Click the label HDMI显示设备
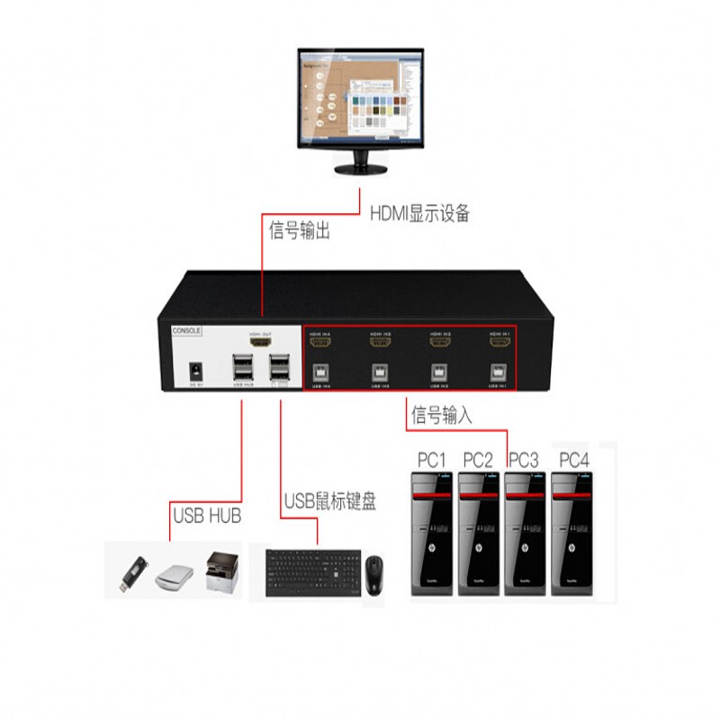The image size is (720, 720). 420,213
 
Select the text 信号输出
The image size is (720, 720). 300,230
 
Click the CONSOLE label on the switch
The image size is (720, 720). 187,330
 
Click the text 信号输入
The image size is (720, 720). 441,416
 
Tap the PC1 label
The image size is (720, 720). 432,460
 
